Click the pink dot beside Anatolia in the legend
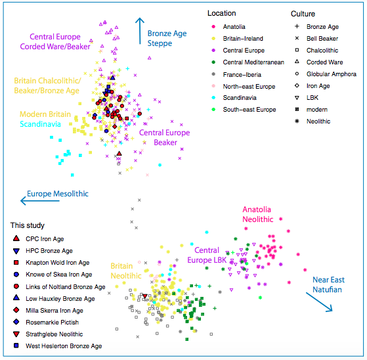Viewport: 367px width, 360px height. tap(213, 26)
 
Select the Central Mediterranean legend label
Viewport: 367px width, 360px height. tap(253, 62)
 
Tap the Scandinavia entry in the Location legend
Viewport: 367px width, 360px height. tap(240, 97)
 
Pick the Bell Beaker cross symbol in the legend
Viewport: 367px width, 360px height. tap(297, 38)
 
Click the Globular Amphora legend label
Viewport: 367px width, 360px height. tap(331, 74)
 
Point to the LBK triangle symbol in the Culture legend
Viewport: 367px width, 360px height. tap(297, 98)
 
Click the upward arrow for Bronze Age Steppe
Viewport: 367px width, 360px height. tap(140, 31)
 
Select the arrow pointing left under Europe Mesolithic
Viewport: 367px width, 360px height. tap(40, 201)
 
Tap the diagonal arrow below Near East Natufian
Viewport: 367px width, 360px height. tap(319, 302)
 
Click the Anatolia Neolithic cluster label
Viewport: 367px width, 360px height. tap(257, 214)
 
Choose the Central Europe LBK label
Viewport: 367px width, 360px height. tap(207, 255)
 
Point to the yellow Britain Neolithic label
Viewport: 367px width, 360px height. tap(126, 271)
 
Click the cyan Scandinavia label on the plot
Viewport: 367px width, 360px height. tap(40, 124)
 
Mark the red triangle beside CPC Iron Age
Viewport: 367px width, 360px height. tap(16, 238)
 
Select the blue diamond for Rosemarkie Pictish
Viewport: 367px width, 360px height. tap(16, 322)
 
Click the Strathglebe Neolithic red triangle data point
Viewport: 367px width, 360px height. tap(145, 296)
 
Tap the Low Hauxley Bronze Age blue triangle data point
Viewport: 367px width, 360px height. tap(112, 78)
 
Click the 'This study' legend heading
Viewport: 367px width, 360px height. tap(28, 225)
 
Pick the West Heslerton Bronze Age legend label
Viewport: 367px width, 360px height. tap(64, 346)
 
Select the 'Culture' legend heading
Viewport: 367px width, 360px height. tap(303, 14)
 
